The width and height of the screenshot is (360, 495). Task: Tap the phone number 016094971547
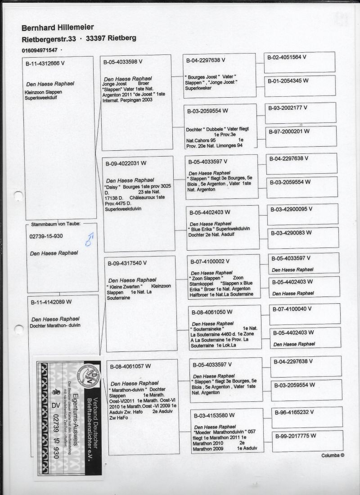click(x=40, y=49)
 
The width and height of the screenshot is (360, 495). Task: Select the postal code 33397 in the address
click(x=99, y=38)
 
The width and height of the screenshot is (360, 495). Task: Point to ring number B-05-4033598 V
click(x=123, y=62)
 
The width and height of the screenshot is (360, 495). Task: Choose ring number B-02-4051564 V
click(x=287, y=57)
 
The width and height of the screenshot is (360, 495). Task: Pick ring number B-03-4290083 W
click(x=290, y=233)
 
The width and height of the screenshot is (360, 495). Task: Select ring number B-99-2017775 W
click(x=295, y=436)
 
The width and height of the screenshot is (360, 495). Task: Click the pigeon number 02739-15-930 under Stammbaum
click(x=46, y=236)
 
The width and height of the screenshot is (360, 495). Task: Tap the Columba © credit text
click(x=333, y=455)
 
